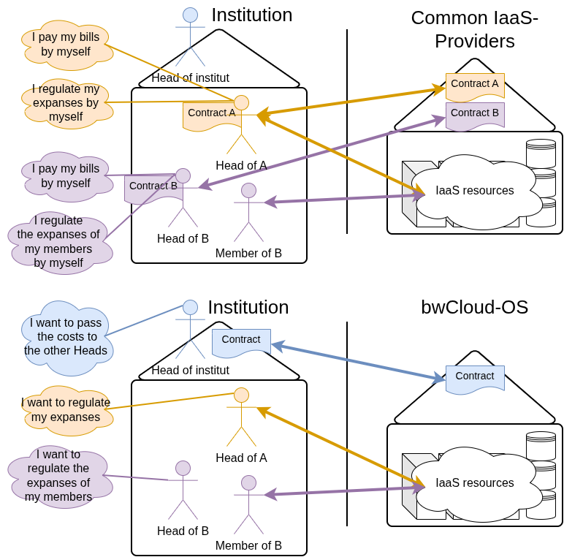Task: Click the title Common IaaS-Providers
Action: [474, 29]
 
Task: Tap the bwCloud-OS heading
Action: [474, 307]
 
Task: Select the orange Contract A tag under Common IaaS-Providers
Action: [475, 85]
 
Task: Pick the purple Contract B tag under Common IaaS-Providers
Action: [475, 114]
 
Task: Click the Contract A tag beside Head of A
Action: [210, 114]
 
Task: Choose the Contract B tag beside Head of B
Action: [152, 187]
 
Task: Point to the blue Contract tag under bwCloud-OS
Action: [475, 377]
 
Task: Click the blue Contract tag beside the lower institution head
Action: [241, 341]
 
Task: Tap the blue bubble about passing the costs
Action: [66, 336]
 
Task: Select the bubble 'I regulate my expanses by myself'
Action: [66, 102]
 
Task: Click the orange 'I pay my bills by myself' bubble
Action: [66, 44]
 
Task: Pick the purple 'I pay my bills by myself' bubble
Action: [66, 175]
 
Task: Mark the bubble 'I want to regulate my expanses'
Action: [66, 409]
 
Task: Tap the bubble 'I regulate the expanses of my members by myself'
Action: [58, 241]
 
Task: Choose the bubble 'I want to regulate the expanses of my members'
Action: [58, 475]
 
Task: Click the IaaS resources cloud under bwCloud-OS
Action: [475, 482]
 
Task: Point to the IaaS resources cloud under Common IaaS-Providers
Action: [475, 190]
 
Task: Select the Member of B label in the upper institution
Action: [248, 254]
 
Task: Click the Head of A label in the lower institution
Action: [241, 458]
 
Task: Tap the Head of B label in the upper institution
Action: [183, 239]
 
